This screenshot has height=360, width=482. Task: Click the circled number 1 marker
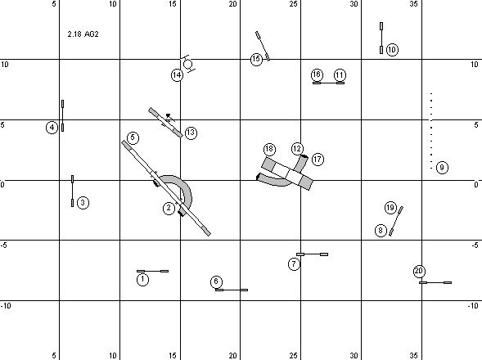pyautogui.click(x=142, y=280)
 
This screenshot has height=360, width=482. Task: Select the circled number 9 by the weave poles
pyautogui.click(x=442, y=168)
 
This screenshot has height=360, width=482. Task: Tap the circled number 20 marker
pyautogui.click(x=419, y=271)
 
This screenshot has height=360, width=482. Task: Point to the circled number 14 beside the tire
pyautogui.click(x=177, y=75)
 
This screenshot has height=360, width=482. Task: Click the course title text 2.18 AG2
pyautogui.click(x=83, y=34)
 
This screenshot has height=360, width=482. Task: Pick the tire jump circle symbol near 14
pyautogui.click(x=188, y=65)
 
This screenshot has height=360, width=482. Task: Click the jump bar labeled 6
pyautogui.click(x=232, y=290)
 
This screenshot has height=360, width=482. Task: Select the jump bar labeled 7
pyautogui.click(x=312, y=254)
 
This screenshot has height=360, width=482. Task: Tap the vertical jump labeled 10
pyautogui.click(x=381, y=38)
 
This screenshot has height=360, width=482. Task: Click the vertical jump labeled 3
pyautogui.click(x=73, y=191)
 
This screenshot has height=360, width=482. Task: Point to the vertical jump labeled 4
pyautogui.click(x=63, y=115)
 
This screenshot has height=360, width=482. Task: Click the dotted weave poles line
pyautogui.click(x=431, y=131)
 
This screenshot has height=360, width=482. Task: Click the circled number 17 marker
pyautogui.click(x=318, y=160)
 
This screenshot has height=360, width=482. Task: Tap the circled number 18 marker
pyautogui.click(x=269, y=149)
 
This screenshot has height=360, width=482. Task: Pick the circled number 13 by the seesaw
pyautogui.click(x=191, y=133)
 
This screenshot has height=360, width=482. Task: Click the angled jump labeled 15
pyautogui.click(x=263, y=46)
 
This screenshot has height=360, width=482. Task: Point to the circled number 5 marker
pyautogui.click(x=133, y=137)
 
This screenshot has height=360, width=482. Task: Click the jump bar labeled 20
pyautogui.click(x=435, y=282)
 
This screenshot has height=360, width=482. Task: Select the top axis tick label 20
pyautogui.click(x=232, y=4)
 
